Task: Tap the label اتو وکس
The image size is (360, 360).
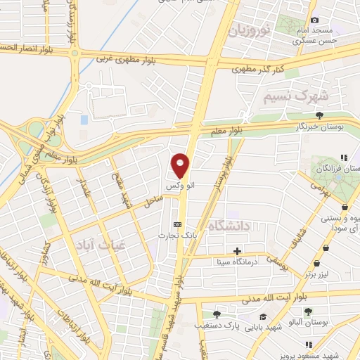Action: pyautogui.click(x=181, y=186)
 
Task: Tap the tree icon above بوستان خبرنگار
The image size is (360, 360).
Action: pyautogui.click(x=320, y=115)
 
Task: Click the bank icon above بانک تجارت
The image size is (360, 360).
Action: pyautogui.click(x=176, y=224)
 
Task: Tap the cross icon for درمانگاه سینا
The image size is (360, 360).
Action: pyautogui.click(x=238, y=251)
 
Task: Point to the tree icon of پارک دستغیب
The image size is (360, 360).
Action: pyautogui.click(x=216, y=314)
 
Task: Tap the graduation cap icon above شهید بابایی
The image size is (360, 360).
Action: pyautogui.click(x=263, y=317)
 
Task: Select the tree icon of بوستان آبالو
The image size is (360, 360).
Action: pyautogui.click(x=307, y=309)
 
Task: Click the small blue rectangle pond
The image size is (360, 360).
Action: pyautogui.click(x=84, y=120)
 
